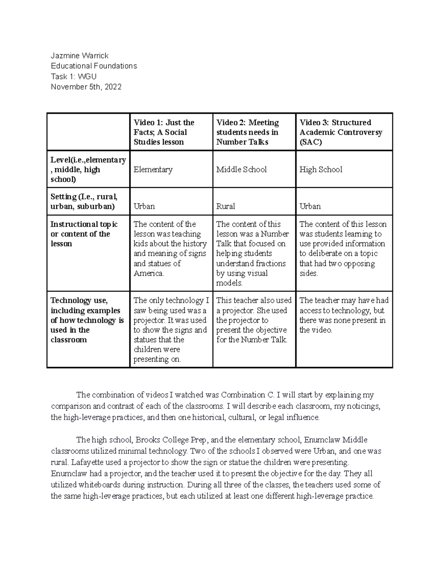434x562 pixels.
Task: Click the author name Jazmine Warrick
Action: [79, 55]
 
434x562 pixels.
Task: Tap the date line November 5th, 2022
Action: [86, 87]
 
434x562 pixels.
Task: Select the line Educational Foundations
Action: [94, 66]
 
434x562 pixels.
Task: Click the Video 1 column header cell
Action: [164, 132]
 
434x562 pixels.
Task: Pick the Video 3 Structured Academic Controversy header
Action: [340, 132]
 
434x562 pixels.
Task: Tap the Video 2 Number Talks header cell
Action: [247, 132]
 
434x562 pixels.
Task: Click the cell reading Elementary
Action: [153, 169]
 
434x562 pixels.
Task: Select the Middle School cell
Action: [241, 169]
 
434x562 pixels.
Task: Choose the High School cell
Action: [320, 169]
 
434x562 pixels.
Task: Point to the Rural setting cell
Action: [225, 206]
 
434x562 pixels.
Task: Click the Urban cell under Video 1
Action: [144, 206]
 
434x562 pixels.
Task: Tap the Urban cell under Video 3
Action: [310, 206]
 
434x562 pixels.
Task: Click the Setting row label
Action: [84, 202]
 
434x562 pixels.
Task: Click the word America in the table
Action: [148, 273]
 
